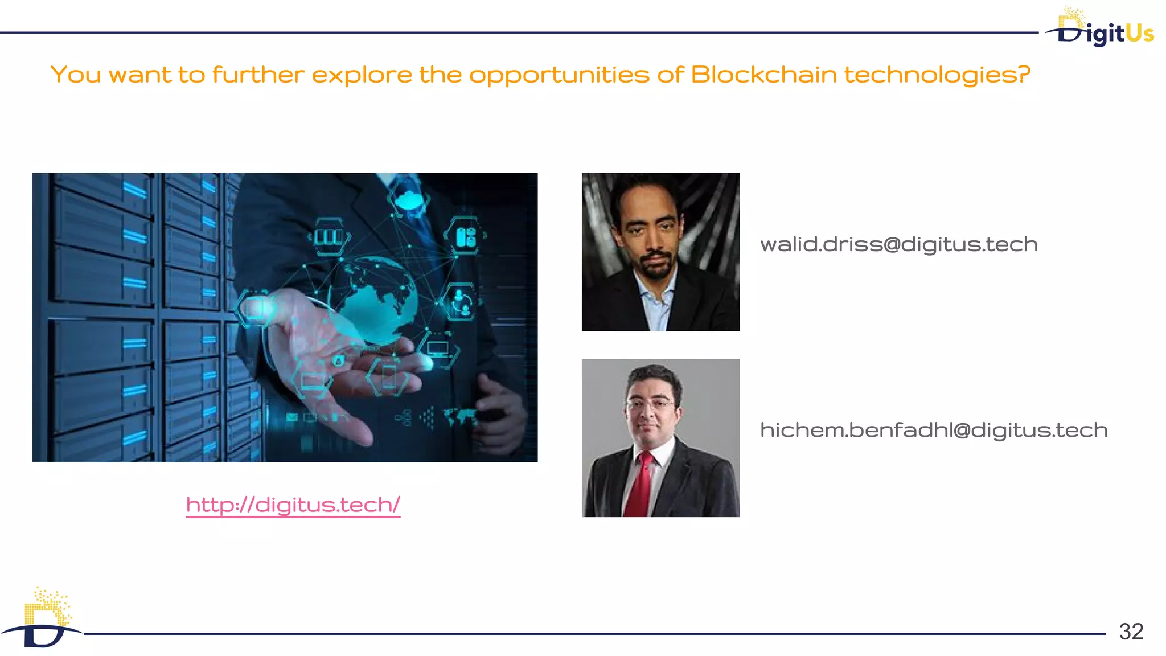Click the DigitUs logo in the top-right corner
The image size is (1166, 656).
coord(1101,28)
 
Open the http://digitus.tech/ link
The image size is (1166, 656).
coord(293,505)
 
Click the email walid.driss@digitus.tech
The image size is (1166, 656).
coord(899,244)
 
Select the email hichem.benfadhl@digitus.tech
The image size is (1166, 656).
coord(934,430)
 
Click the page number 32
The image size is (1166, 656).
coord(1131,632)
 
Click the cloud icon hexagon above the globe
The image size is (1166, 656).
coord(408,200)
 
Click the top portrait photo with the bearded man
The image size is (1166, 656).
coord(660,252)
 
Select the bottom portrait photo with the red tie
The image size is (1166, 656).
coord(660,438)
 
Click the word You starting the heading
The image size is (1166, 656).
coord(76,75)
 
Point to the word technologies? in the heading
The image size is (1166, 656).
coord(937,75)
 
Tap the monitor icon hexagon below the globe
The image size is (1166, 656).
coord(438,348)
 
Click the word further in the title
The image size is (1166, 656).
coord(258,75)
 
